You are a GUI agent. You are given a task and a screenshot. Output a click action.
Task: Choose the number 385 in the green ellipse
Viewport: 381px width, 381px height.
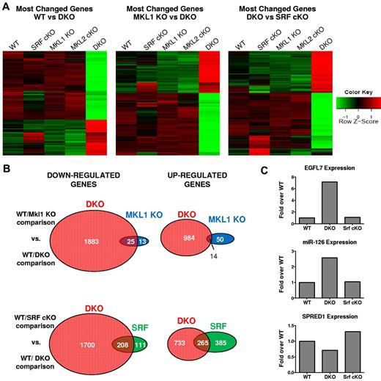tap(236, 343)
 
